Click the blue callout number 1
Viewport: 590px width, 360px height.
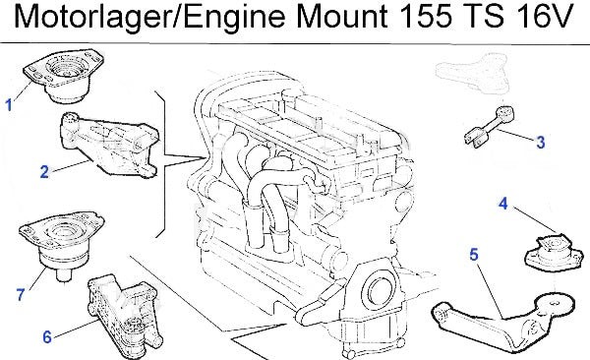[9, 105]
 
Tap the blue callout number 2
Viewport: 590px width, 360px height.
[44, 172]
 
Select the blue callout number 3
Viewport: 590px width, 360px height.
[540, 143]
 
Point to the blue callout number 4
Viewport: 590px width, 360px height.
[503, 204]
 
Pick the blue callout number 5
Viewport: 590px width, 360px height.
[474, 255]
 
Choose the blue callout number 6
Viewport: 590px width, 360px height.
[46, 337]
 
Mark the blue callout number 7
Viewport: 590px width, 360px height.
[21, 294]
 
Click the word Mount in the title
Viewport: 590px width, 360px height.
[341, 17]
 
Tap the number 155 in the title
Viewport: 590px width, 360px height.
[425, 17]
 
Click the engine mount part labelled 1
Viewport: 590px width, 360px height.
[63, 76]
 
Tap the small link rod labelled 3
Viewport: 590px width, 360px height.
[488, 126]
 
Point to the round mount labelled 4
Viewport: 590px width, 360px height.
[553, 252]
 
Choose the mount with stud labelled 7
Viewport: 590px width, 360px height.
[61, 245]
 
